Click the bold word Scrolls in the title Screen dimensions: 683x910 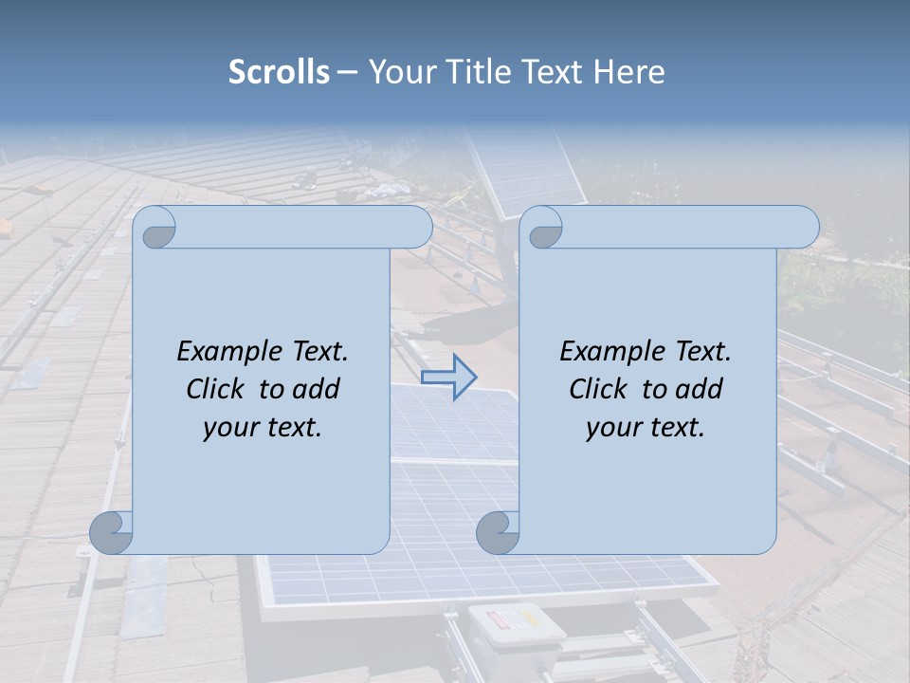[x=280, y=72]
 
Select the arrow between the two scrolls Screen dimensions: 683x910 [x=449, y=377]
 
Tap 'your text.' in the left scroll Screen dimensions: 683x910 [x=262, y=428]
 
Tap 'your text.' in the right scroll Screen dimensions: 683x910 [x=645, y=428]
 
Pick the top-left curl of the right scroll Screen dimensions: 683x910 [x=544, y=229]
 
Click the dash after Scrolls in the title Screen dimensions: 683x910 [x=347, y=72]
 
